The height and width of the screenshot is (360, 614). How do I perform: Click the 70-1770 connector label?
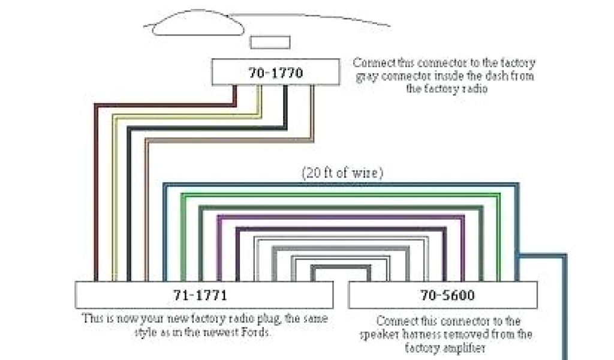pyautogui.click(x=275, y=73)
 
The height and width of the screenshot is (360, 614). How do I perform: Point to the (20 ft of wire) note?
pyautogui.click(x=342, y=173)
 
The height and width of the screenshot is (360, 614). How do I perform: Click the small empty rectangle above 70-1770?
pyautogui.click(x=270, y=42)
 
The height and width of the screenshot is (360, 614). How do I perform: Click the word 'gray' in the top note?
pyautogui.click(x=366, y=76)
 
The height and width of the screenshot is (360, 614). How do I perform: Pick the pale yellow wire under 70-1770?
pyautogui.click(x=113, y=198)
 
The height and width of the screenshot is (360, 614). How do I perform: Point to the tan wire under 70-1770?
pyautogui.click(x=146, y=210)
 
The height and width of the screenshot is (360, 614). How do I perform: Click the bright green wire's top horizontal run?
pyautogui.click(x=342, y=194)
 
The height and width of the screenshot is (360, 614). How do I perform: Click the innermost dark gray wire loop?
pyautogui.click(x=332, y=268)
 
